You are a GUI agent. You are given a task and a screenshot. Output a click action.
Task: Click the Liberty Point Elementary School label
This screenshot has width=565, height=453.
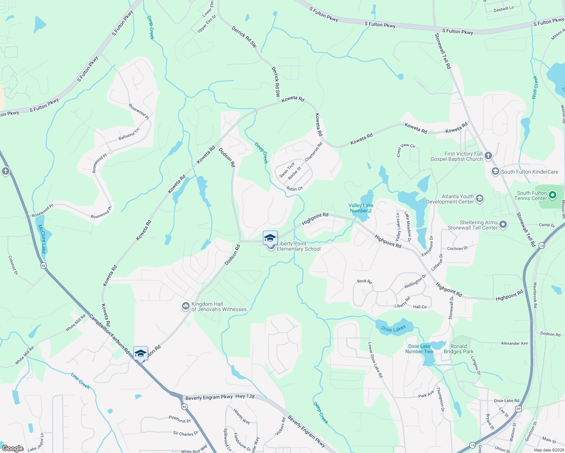tap(298, 246)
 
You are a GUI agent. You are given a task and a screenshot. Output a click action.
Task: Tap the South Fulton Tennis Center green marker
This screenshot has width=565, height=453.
tap(552, 195)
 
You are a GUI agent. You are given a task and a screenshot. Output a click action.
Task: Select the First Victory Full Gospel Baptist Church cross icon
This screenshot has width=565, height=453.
tap(488, 156)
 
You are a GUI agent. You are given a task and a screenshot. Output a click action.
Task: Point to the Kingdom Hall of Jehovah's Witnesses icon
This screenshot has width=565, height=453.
tap(185, 306)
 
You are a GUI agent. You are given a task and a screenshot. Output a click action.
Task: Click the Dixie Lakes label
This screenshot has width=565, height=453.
tap(394, 328)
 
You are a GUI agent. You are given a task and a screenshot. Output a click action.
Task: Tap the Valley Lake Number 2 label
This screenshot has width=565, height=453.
tap(361, 208)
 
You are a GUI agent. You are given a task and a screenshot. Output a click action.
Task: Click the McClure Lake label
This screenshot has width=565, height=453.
tap(42, 239)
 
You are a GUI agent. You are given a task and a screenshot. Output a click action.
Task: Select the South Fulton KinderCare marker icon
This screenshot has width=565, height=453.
tap(495, 172)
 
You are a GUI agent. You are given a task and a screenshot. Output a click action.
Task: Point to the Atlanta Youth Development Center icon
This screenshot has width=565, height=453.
tap(480, 199)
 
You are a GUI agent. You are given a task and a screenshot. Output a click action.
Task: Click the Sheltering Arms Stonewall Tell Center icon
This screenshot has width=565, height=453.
tap(503, 225)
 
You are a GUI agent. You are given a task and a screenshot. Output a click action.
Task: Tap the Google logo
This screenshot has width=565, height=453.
tap(12, 448)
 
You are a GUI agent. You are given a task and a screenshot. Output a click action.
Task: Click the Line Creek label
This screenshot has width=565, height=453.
tap(80, 381)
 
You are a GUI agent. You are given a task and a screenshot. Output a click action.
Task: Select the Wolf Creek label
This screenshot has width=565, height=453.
tap(534, 87)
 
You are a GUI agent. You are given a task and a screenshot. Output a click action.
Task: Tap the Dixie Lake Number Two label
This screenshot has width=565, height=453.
tap(419, 349)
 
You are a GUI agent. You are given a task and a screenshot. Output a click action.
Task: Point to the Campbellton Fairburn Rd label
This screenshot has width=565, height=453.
tap(110, 334)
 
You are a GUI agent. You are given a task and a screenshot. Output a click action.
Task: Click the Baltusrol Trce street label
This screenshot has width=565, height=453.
tap(129, 134)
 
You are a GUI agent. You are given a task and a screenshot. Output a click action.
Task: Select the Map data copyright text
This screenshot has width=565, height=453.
tap(548, 450)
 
